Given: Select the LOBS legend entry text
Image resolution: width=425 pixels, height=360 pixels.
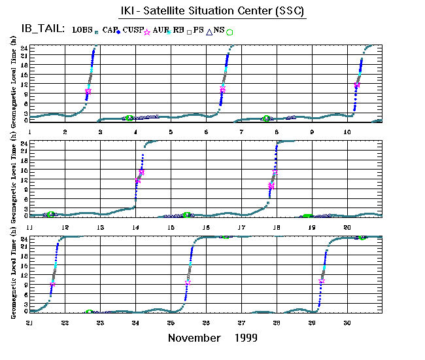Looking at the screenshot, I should (x=82, y=30).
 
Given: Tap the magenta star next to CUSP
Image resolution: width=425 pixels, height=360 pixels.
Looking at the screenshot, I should (x=147, y=32).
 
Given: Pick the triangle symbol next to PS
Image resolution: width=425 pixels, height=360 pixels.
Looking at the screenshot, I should (x=209, y=31).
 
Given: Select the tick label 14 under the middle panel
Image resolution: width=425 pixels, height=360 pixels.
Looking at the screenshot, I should (x=135, y=226).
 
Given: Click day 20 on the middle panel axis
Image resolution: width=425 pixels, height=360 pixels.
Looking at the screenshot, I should (x=347, y=226).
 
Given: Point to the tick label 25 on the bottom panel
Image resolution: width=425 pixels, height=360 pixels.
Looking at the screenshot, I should (x=171, y=323).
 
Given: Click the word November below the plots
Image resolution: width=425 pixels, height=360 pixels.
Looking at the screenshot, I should (x=194, y=338).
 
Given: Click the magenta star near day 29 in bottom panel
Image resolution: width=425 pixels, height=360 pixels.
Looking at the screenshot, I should (x=321, y=281).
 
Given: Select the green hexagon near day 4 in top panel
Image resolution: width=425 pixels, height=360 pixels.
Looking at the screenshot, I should (x=129, y=118).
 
